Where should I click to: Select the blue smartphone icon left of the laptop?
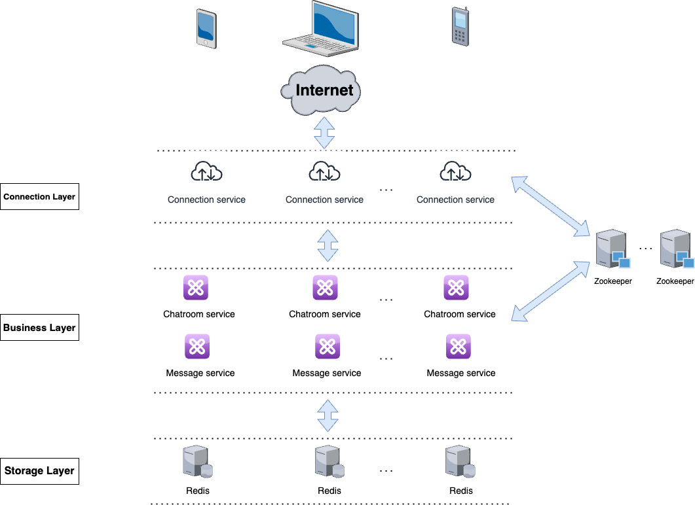coord(206,29)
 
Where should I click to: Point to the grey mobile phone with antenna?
coord(460,27)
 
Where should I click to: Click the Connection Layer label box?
coord(39,196)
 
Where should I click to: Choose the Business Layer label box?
coord(39,327)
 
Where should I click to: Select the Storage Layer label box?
coord(39,471)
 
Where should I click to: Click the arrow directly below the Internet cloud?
coord(324,133)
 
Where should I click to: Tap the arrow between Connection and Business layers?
coord(328,245)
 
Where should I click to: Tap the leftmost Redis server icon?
coord(197,462)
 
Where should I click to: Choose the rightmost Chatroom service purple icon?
coord(456,288)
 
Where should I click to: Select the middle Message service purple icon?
coord(327,347)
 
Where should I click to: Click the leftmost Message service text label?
coord(200,373)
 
